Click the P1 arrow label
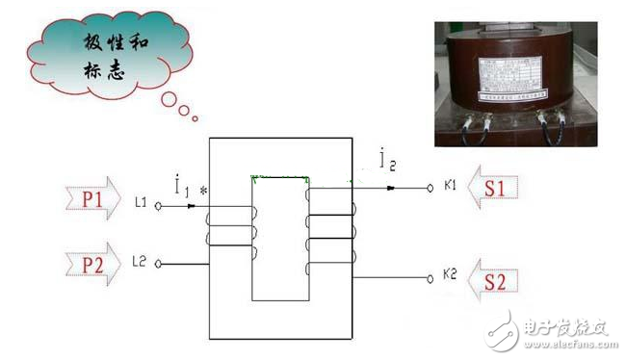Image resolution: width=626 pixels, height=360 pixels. click(x=92, y=199)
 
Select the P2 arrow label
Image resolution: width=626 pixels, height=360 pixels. click(x=92, y=263)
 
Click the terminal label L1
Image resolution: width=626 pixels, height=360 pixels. click(x=141, y=203)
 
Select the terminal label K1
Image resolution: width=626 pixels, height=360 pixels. click(x=450, y=187)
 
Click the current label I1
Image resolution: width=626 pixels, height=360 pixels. click(x=182, y=184)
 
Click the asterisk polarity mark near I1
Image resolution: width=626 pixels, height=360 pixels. click(x=203, y=192)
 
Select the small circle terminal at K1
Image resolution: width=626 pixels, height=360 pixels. click(x=430, y=189)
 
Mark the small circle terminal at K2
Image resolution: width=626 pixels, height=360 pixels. click(x=430, y=279)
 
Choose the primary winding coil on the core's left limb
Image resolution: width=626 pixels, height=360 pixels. click(x=230, y=231)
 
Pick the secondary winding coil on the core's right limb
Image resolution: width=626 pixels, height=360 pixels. click(x=329, y=231)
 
